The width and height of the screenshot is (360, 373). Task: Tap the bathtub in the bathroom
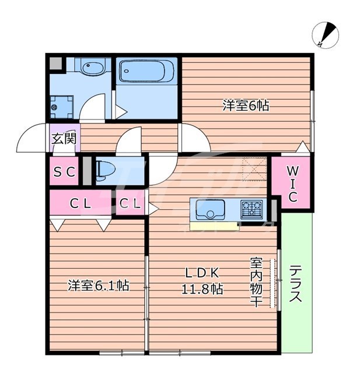coord(144,73)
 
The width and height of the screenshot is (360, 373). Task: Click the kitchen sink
coord(210,208)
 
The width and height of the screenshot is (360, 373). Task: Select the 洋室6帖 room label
coord(245,106)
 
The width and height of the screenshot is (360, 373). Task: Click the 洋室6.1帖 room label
coord(98,286)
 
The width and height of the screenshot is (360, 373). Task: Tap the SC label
coord(64,172)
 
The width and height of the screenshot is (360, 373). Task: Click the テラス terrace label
coord(296,284)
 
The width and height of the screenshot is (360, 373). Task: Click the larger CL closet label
coord(80,204)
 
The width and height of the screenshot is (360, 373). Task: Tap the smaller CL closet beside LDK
coord(130,204)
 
